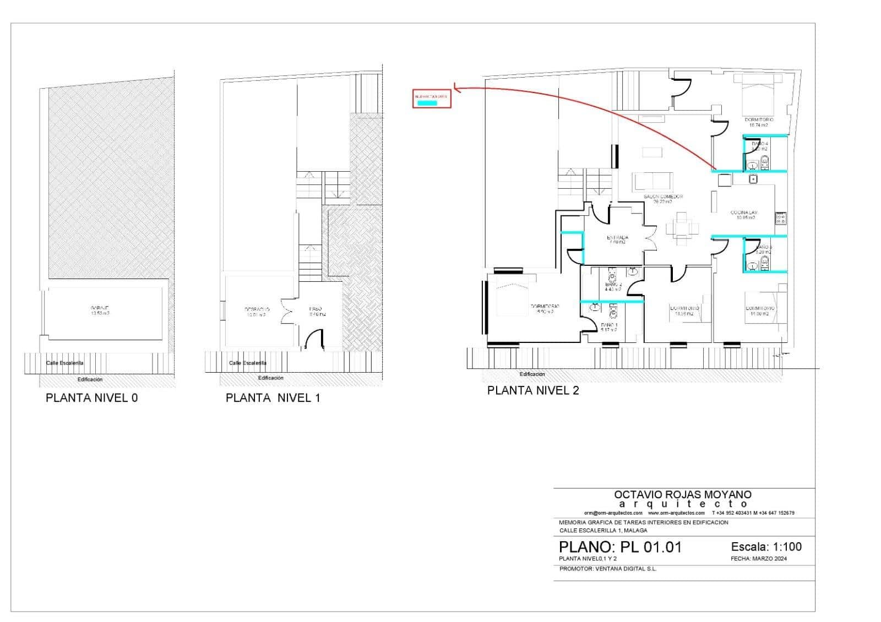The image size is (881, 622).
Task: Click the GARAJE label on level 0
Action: [x=100, y=310]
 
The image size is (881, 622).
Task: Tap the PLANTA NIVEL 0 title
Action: [x=91, y=398]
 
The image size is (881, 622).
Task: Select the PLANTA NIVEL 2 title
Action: [x=532, y=391]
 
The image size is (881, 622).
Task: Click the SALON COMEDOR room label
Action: [x=663, y=199]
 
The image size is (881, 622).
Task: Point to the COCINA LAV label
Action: [x=744, y=214]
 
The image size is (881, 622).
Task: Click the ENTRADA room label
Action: [x=617, y=239]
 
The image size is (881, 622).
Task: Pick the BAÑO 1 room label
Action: [x=609, y=327]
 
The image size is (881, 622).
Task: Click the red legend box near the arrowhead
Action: [x=432, y=99]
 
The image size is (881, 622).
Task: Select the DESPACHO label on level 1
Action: [x=257, y=312]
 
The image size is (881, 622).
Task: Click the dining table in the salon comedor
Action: [x=681, y=226]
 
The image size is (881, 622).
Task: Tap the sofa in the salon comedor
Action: [x=652, y=181]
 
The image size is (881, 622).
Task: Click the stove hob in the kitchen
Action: [x=780, y=218]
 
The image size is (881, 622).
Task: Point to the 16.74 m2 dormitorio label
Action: [x=759, y=122]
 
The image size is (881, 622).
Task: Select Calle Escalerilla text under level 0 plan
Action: [x=64, y=363]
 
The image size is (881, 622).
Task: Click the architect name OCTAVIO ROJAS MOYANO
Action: [x=682, y=495]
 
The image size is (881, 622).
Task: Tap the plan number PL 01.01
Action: [x=620, y=547]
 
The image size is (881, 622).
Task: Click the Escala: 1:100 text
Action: [x=766, y=547]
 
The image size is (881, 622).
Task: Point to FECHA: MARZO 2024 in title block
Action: [x=759, y=559]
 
